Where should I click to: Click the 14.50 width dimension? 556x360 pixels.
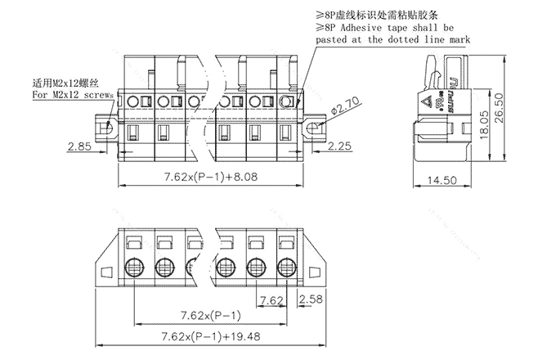(x=442, y=179)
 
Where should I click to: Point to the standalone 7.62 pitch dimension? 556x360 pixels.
(x=271, y=300)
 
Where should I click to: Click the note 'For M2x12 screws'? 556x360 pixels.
(x=69, y=95)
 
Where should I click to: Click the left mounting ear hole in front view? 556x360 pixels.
(x=105, y=128)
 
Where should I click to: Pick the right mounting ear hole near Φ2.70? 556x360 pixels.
(x=312, y=127)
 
